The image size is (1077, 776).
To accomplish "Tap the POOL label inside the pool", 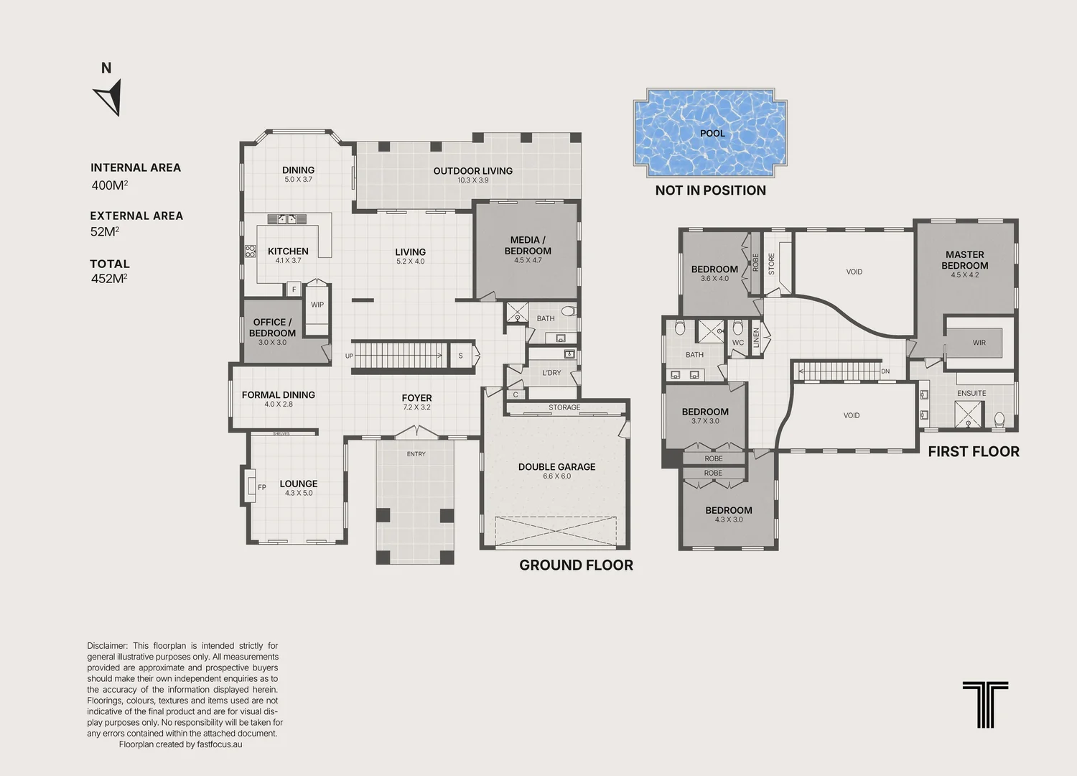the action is (712, 133).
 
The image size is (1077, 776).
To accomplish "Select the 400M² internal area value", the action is (110, 185).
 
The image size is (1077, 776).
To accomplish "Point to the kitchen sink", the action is (287, 219).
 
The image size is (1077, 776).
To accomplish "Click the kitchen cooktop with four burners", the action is (250, 251).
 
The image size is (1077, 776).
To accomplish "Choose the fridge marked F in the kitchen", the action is (294, 289).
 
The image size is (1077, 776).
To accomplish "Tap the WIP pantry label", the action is (317, 305).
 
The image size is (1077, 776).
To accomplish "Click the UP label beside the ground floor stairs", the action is (349, 356).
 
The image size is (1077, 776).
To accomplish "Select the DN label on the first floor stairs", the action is (885, 371).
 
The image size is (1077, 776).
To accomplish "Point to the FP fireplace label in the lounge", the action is (262, 487).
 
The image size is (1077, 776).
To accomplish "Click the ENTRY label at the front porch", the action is (416, 453).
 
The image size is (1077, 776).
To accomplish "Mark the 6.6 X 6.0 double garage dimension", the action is (556, 476).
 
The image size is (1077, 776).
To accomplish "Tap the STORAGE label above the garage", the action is (564, 407).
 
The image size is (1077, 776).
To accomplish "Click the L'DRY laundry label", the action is (551, 373).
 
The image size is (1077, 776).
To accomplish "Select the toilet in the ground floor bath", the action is (569, 310).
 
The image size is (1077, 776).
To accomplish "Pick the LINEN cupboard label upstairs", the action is (756, 337).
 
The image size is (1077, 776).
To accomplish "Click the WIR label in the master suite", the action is (979, 343).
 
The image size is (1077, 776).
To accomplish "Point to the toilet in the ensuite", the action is (999, 419).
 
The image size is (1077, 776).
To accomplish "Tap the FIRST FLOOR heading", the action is (974, 452).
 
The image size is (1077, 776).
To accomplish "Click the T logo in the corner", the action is (985, 704).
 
